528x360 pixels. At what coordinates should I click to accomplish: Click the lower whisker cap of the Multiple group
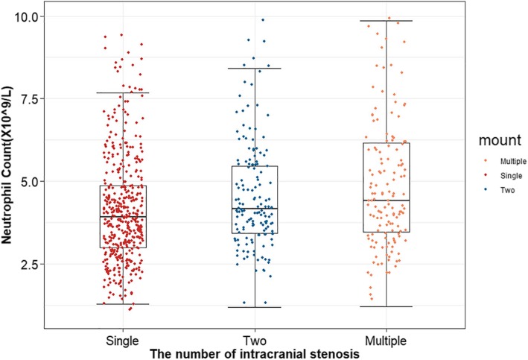point(386,306)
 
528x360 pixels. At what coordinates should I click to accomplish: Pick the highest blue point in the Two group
point(262,20)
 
